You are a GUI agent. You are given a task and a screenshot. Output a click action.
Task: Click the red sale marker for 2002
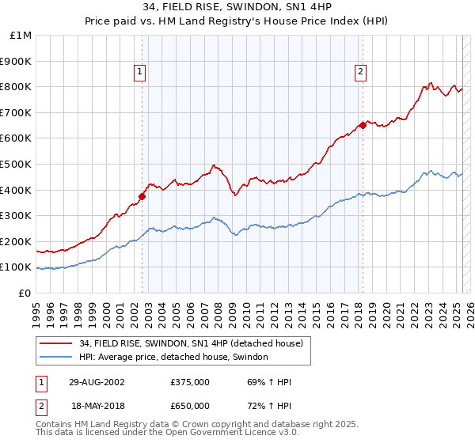[142, 196]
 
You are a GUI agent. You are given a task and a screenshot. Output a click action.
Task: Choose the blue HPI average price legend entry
[173, 358]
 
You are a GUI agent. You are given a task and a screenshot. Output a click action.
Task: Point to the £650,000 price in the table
[190, 405]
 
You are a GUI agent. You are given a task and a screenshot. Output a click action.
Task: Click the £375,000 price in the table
[190, 382]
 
